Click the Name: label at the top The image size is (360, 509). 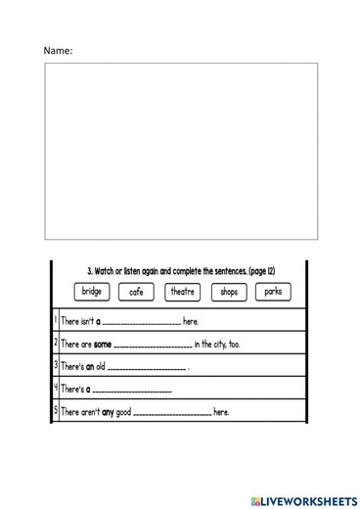58,50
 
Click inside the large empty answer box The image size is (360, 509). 181,151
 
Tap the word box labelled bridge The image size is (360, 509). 91,292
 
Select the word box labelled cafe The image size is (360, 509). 136,292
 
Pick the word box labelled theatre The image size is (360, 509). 182,292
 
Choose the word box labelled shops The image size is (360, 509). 228,292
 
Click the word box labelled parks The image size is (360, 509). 273,292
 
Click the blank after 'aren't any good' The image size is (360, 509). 171,414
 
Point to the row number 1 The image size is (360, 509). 55,320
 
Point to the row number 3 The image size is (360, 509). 55,366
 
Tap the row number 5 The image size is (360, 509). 55,411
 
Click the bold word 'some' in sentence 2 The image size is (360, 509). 103,345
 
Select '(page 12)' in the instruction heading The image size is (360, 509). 257,270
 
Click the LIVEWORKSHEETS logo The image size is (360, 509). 298,499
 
